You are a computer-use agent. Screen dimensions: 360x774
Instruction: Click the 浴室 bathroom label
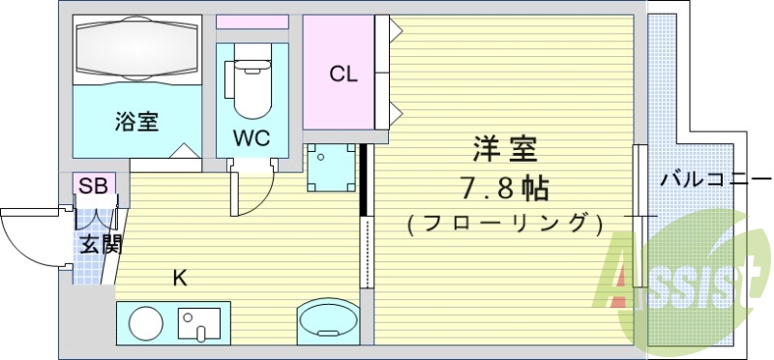(136, 122)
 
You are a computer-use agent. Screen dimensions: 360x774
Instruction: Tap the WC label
(251, 137)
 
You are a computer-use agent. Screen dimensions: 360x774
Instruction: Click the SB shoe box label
(94, 185)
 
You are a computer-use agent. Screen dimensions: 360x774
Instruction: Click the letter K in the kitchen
(180, 279)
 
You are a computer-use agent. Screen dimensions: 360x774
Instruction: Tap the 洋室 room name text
(504, 150)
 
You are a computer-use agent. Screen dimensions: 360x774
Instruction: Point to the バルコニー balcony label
(715, 180)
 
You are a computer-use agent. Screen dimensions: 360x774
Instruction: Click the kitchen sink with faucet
(199, 322)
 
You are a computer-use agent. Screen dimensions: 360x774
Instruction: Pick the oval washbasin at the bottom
(327, 320)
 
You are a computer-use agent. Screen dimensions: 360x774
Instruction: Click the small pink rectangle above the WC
(252, 22)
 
